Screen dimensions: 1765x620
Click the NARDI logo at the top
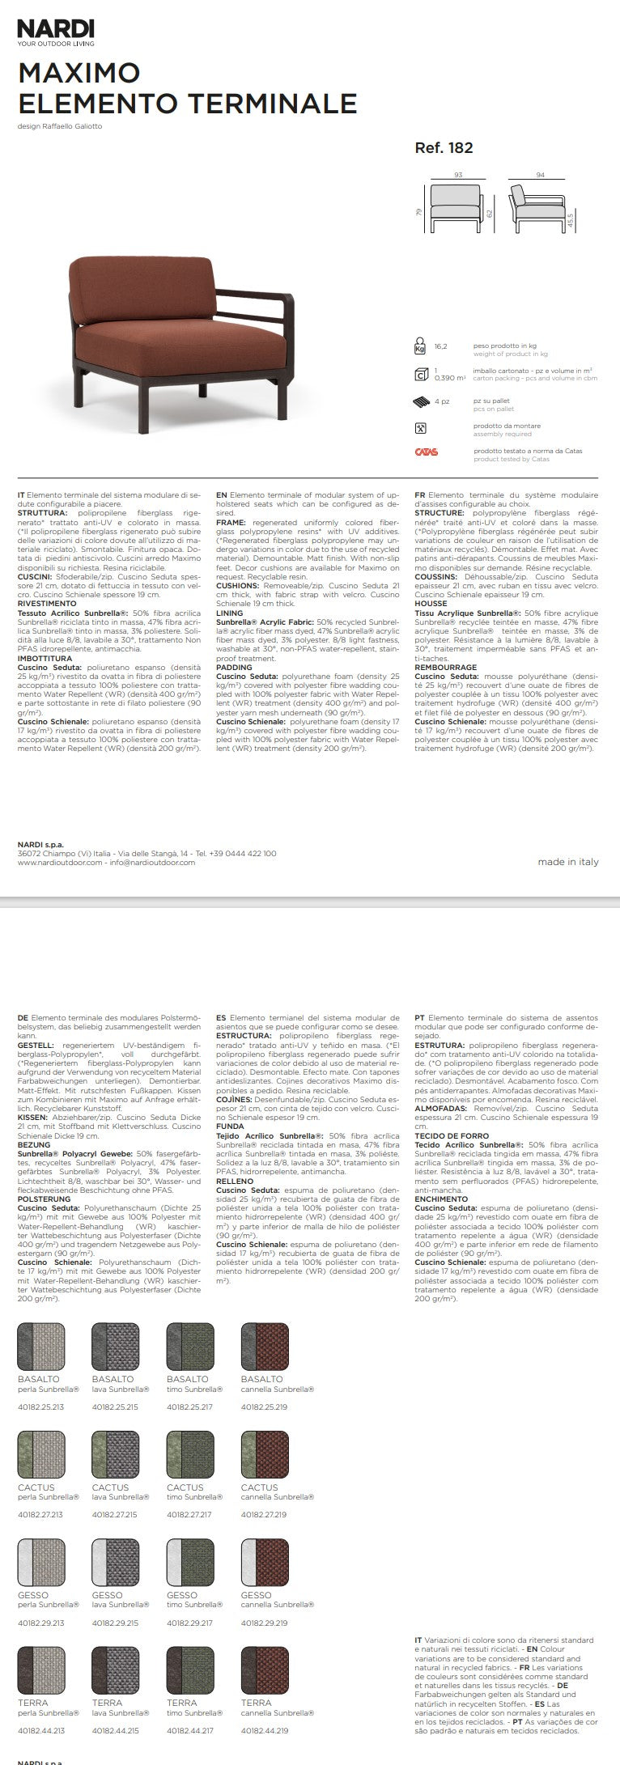coord(56,30)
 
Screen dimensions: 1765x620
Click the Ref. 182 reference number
coord(444,147)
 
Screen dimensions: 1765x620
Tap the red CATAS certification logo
coord(426,452)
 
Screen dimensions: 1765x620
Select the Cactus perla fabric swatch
coord(41,1454)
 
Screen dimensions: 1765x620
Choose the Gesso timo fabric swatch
coord(190,1561)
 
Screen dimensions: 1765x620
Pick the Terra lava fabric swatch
coord(116,1669)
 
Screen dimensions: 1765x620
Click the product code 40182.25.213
coord(40,1406)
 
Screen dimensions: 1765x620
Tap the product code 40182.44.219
coord(264,1730)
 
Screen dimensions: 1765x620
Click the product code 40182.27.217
coord(189,1514)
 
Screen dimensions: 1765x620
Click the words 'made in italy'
coord(568,862)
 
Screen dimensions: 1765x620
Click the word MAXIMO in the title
coord(79,74)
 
